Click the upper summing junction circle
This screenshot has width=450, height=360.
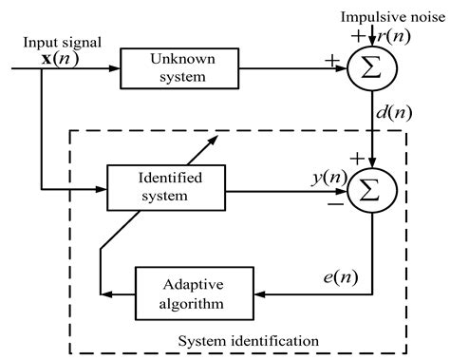click(x=375, y=68)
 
